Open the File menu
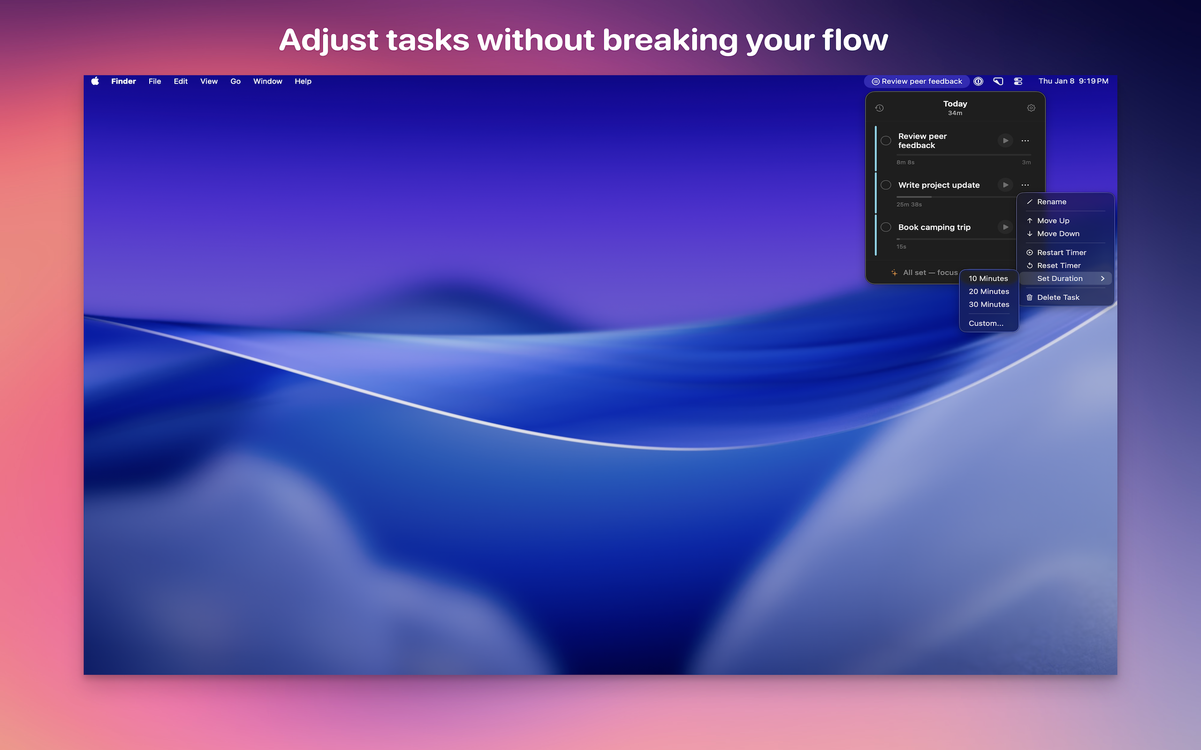pyautogui.click(x=155, y=82)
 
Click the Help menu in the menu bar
pyautogui.click(x=303, y=82)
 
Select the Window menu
pyautogui.click(x=267, y=82)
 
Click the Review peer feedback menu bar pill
pyautogui.click(x=917, y=82)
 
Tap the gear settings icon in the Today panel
pyautogui.click(x=1031, y=108)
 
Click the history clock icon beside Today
pyautogui.click(x=880, y=108)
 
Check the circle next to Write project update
pyautogui.click(x=886, y=185)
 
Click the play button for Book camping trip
pyautogui.click(x=1005, y=227)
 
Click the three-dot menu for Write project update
pyautogui.click(x=1025, y=185)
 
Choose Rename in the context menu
pyautogui.click(x=1051, y=202)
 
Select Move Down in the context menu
pyautogui.click(x=1057, y=233)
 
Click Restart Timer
pyautogui.click(x=1061, y=253)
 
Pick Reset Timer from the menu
pyautogui.click(x=1058, y=265)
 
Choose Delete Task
pyautogui.click(x=1057, y=297)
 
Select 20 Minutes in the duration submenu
pyautogui.click(x=988, y=292)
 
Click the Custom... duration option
pyautogui.click(x=986, y=323)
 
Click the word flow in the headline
pyautogui.click(x=855, y=40)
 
